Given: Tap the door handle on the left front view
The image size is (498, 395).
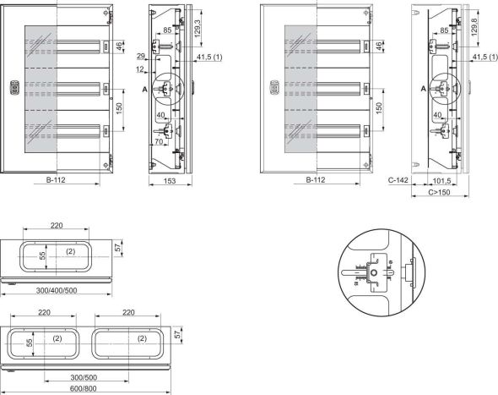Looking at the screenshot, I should (x=14, y=86).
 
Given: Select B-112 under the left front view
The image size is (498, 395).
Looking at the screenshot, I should (x=57, y=180).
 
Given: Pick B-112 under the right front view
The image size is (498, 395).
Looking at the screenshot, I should (x=317, y=180).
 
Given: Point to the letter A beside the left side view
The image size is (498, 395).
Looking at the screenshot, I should (x=145, y=89).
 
